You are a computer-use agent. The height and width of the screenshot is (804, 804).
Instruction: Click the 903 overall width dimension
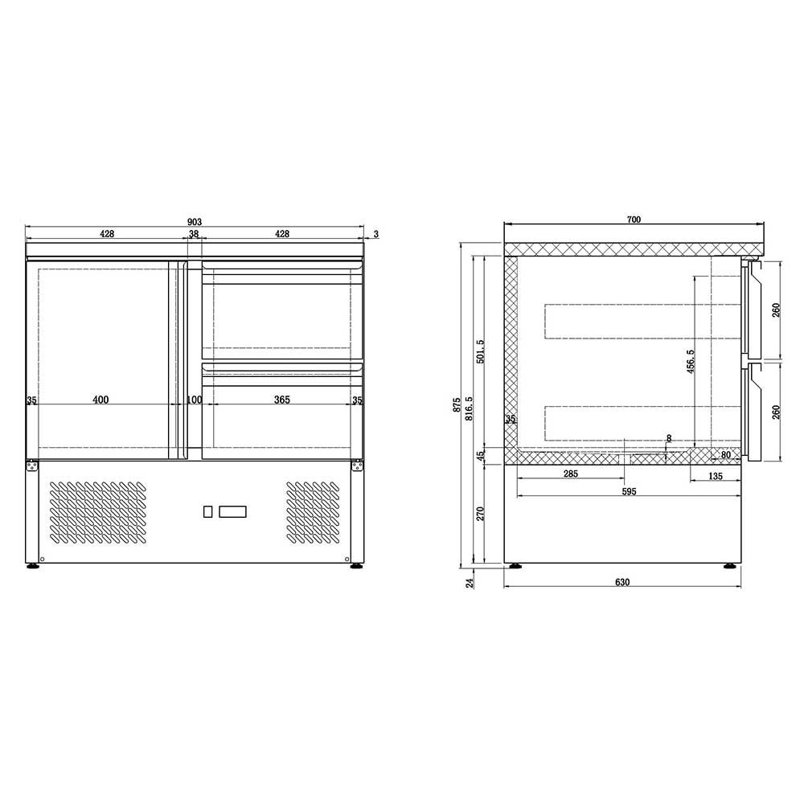click(195, 222)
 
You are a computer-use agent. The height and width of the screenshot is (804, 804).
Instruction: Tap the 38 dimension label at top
click(194, 234)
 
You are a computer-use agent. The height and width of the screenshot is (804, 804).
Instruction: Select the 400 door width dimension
click(101, 400)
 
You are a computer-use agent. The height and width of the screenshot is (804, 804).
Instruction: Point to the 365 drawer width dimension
click(282, 400)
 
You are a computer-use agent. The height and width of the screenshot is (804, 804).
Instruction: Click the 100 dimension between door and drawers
click(195, 400)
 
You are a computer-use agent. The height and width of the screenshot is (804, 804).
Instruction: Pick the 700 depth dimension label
click(634, 219)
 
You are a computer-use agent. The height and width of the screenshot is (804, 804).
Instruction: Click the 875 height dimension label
click(457, 405)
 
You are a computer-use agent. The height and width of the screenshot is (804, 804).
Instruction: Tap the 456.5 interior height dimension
click(691, 362)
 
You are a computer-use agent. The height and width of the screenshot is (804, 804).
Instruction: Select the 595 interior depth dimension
click(629, 491)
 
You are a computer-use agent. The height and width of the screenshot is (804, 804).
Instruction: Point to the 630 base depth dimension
click(622, 582)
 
